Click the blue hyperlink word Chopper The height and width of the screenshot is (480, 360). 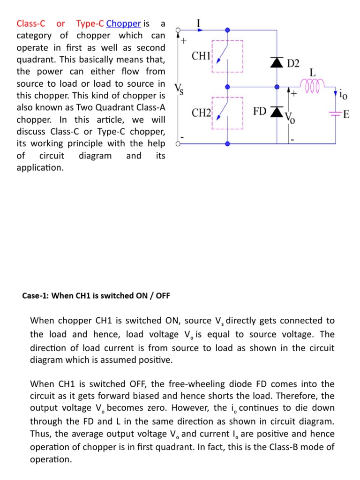(x=124, y=23)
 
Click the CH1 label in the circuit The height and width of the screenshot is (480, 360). (x=201, y=56)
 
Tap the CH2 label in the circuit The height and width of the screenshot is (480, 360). (x=201, y=113)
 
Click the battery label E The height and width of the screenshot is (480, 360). (x=346, y=114)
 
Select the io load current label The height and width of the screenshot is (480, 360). (x=344, y=95)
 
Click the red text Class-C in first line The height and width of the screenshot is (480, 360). (x=30, y=23)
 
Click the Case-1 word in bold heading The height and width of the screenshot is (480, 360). (x=35, y=296)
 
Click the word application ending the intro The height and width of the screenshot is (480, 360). (x=40, y=167)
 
